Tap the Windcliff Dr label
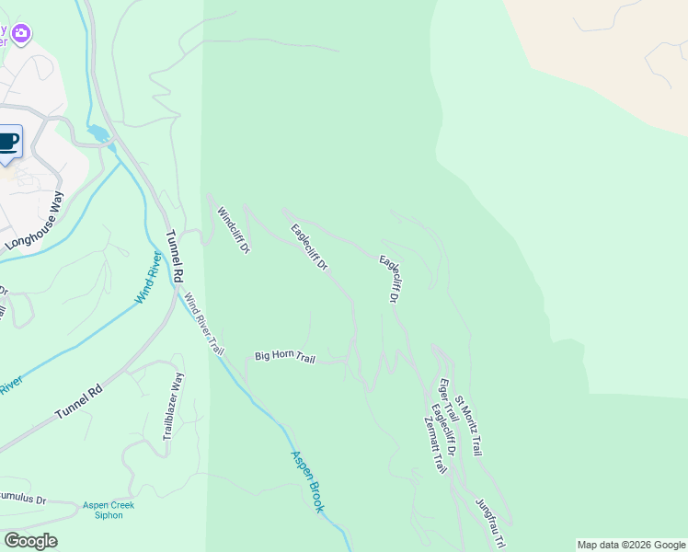[233, 230]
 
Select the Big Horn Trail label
[284, 356]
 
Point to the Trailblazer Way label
[174, 406]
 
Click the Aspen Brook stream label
[308, 481]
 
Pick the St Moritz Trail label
[468, 427]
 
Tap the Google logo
[30, 541]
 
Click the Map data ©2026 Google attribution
[632, 545]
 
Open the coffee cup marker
[7, 142]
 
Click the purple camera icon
[21, 34]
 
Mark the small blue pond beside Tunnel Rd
[97, 134]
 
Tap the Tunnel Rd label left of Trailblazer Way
[78, 402]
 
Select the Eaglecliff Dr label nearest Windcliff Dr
[310, 247]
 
